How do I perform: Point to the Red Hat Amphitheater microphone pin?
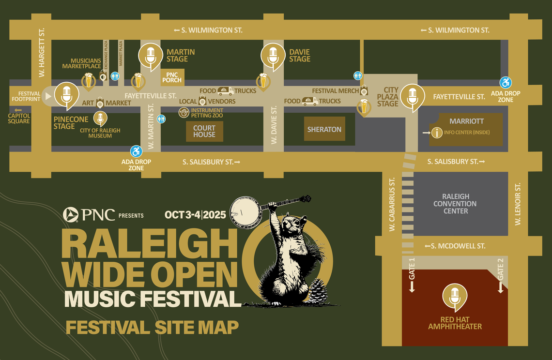coord(455,296)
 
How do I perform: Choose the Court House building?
coord(204,131)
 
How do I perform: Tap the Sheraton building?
coord(324,129)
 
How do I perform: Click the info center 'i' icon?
coord(437,132)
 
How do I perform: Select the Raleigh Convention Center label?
coord(456,204)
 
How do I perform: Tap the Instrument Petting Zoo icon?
coord(184,113)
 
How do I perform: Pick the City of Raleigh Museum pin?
coord(100,118)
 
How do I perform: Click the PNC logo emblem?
coord(71,214)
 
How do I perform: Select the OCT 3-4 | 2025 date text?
coord(195,215)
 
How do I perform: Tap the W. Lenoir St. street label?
coord(517,203)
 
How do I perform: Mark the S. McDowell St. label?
coord(455,246)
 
